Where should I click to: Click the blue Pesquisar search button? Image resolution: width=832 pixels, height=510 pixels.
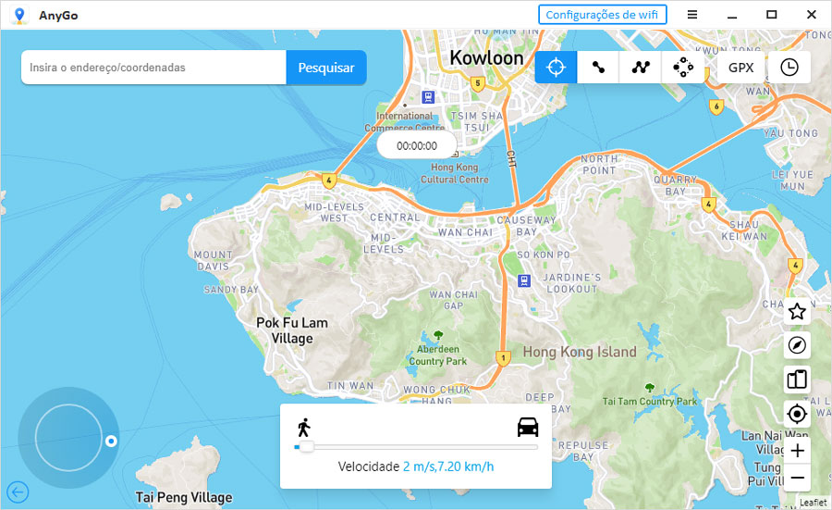point(326,68)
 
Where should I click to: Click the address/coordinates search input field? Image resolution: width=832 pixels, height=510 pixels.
point(153,68)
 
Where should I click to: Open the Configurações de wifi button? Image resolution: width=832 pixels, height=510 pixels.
point(602,14)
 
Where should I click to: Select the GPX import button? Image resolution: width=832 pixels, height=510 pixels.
point(740,68)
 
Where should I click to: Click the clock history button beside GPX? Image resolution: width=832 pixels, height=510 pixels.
point(789,68)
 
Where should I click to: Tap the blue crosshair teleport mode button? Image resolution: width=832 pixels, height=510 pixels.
point(556,68)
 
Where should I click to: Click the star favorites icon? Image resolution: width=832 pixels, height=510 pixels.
point(797,312)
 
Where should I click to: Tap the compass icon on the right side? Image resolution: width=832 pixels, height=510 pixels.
point(797,346)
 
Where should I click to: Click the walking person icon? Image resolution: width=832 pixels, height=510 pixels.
point(303,427)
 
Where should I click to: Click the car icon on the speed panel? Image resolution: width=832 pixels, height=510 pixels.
point(528,427)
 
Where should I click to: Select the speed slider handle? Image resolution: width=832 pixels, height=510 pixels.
point(306,447)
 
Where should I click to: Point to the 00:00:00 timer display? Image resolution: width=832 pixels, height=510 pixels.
point(417,145)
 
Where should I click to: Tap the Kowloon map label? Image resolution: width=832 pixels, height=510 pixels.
point(486,57)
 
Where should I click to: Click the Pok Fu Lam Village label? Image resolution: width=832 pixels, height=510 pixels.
point(291,330)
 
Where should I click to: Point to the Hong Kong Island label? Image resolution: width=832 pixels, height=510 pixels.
point(580,352)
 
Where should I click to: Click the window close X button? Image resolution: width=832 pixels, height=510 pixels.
point(811,14)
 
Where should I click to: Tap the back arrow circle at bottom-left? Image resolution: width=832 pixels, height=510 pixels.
point(18,491)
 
